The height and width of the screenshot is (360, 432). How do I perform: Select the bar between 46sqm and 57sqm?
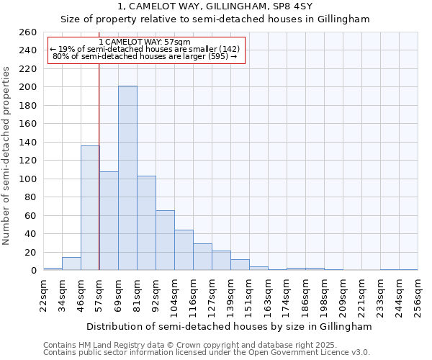[90, 208]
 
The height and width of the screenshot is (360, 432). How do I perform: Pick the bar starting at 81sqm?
[146, 223]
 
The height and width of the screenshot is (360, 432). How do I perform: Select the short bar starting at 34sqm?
[71, 264]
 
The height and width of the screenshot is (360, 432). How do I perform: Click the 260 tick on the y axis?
[27, 32]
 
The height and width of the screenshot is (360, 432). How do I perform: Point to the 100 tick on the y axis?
[27, 179]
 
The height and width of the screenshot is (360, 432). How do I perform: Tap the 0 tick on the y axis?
[33, 271]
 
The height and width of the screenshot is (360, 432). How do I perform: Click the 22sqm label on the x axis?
[44, 293]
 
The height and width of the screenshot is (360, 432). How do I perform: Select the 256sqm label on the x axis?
[418, 293]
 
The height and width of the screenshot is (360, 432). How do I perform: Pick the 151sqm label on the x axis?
[250, 293]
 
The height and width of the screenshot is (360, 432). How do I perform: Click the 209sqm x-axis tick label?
[343, 293]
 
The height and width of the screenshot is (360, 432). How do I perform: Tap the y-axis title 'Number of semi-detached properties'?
[7, 155]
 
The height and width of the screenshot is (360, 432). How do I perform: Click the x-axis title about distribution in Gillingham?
[230, 326]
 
